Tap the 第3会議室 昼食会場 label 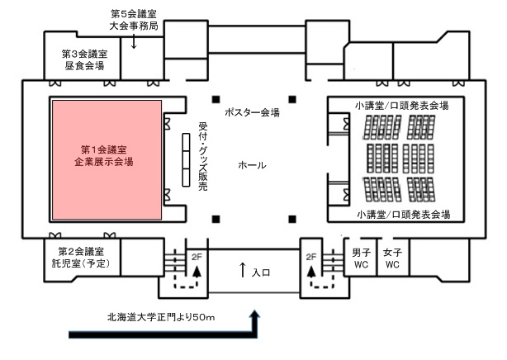pos(83,59)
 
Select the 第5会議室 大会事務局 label pos(134,20)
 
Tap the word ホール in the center pos(252,165)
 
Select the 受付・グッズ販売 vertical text pos(203,157)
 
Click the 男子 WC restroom pos(361,257)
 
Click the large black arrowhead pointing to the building pos(256,315)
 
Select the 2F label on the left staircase pos(197,257)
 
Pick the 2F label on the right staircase pos(311,257)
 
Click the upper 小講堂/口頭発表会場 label pos(402,106)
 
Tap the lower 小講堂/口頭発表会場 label pos(403,214)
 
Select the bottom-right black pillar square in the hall pos(291,218)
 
